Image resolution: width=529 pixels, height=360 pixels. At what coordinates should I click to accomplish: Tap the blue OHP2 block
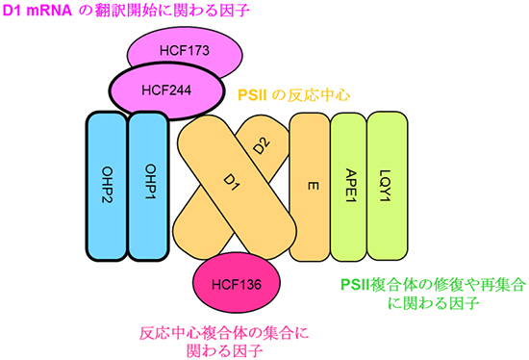point(106,183)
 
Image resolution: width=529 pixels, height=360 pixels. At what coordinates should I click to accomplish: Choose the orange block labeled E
point(308,183)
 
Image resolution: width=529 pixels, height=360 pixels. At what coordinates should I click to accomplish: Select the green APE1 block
point(347,183)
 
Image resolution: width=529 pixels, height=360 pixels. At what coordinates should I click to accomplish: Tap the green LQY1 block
point(388,183)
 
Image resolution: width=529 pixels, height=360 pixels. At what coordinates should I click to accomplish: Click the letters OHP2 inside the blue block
point(106,183)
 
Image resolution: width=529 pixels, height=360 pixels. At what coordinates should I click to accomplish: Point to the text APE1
point(347,183)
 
